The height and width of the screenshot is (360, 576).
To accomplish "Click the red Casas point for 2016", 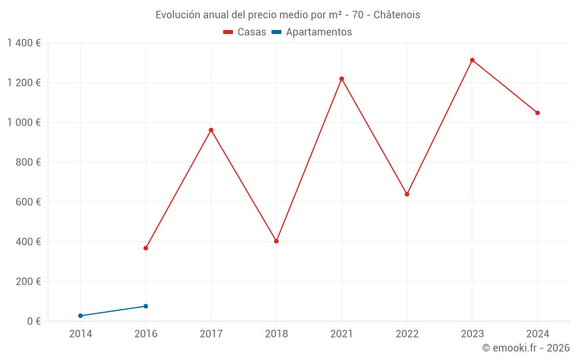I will pos(146,248).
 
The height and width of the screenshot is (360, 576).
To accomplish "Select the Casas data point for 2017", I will pos(211,130).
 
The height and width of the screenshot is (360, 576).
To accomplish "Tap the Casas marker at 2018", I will pos(276,241).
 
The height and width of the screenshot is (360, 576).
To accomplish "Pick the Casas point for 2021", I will pos(342,79).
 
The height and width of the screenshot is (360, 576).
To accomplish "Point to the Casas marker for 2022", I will pos(407,194).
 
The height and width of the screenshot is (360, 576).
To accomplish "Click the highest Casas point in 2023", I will pos(472,60).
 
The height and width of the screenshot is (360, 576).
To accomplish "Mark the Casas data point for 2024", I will pos(537,113).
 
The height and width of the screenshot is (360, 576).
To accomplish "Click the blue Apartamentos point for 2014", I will pos(81,316).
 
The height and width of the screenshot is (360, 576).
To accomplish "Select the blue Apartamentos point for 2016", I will pos(146,306).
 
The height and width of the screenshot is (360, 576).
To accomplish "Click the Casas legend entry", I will pos(245,32).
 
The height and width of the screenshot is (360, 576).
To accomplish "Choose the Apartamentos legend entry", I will pos(312,32).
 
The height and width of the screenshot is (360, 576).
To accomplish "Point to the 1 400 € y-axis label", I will pos(24,43).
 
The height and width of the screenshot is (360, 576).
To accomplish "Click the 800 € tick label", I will pos(29,162).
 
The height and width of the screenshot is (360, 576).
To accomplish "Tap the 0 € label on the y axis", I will pos(33,321).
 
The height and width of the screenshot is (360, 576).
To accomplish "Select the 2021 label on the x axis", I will pos(342,334).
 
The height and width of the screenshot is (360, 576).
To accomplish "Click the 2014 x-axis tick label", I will pos(81,334).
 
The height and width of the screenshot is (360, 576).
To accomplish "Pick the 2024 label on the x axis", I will pos(537,334).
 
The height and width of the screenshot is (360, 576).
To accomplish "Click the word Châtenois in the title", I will pos(397,15).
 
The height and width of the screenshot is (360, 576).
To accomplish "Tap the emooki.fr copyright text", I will pos(526,348).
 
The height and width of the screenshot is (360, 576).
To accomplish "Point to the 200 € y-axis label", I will pos(29,282).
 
